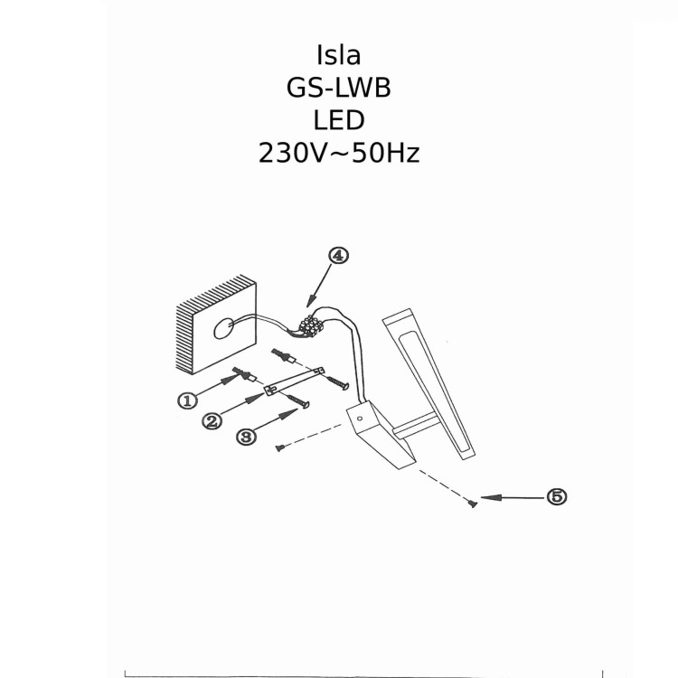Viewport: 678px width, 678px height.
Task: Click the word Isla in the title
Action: (339, 54)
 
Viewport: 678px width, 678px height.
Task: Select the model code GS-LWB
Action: (339, 87)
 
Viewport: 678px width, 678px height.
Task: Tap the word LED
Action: (339, 119)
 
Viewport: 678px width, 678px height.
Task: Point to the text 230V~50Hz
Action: (339, 152)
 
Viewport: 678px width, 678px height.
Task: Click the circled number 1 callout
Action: (188, 400)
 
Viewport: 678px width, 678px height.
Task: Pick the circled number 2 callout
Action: (212, 421)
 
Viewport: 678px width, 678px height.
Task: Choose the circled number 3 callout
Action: (245, 436)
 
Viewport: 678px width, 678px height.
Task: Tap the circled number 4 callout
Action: (338, 256)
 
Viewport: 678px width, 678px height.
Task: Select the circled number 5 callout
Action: (557, 496)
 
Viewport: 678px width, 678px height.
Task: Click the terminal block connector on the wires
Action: (313, 324)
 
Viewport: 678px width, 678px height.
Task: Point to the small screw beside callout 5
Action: (472, 504)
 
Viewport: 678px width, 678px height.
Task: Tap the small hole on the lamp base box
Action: (360, 419)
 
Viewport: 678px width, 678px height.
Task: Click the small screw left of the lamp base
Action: (281, 447)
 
